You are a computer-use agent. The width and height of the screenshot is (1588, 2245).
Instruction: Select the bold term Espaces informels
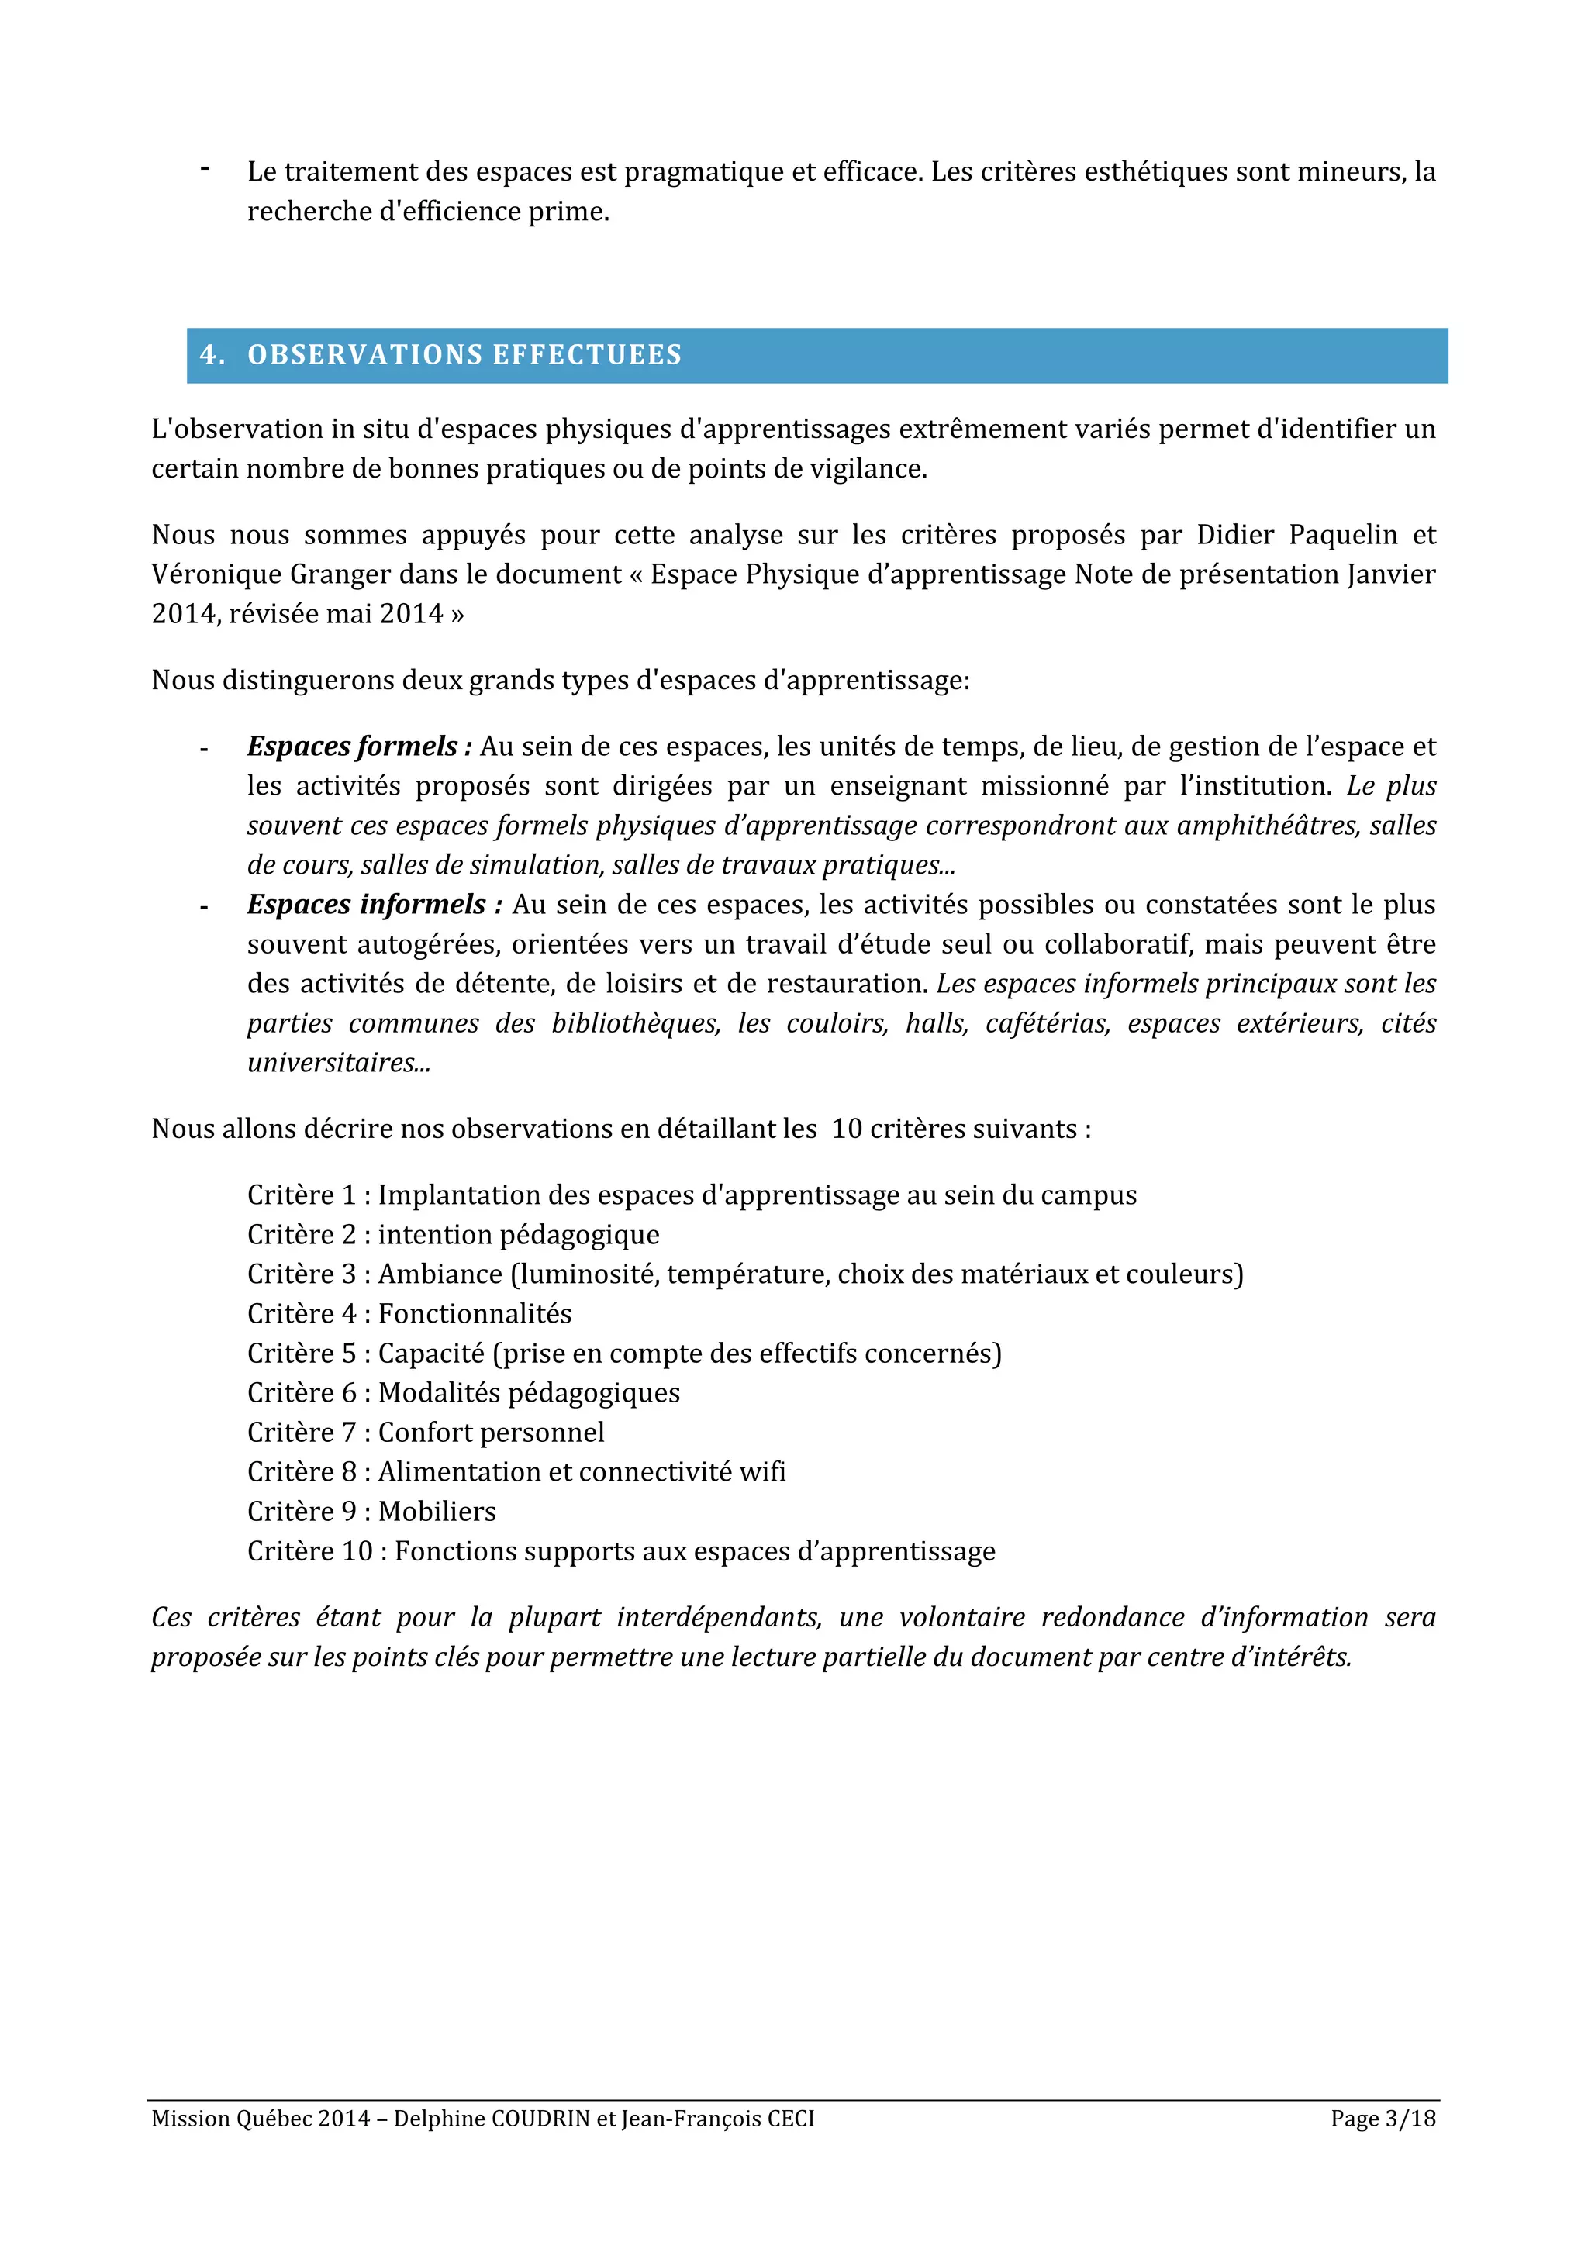[x=367, y=905]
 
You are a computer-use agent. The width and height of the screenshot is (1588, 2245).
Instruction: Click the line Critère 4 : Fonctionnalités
[x=409, y=1313]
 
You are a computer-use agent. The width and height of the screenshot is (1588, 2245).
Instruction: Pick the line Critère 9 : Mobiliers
[x=371, y=1511]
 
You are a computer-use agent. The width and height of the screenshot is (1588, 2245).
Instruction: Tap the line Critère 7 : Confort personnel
[x=426, y=1432]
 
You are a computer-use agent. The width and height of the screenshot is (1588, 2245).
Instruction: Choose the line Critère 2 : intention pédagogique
[x=453, y=1234]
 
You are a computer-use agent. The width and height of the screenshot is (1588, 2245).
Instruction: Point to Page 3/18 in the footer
[x=1382, y=2118]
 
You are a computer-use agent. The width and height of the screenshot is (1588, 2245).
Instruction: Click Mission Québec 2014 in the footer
[x=260, y=2118]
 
